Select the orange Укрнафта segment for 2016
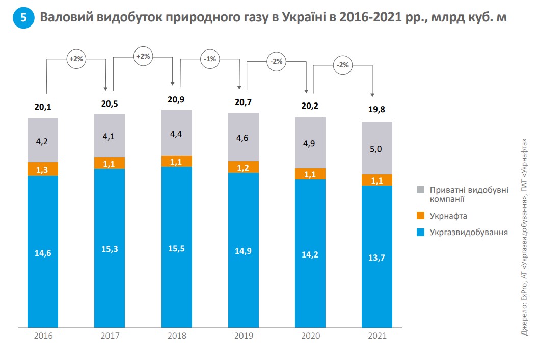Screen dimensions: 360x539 [43, 169]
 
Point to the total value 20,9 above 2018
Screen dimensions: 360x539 [176, 100]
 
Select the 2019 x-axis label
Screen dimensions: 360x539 [244, 336]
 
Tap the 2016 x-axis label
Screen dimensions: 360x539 [43, 336]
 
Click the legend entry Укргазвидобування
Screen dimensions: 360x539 [469, 233]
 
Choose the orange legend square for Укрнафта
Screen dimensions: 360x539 [420, 216]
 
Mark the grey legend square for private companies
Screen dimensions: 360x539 [420, 190]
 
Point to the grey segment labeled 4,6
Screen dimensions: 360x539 [244, 137]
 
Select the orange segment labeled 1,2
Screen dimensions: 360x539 [244, 167]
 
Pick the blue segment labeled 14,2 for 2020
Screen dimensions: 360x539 [310, 253]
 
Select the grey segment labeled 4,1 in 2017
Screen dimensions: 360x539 [110, 136]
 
